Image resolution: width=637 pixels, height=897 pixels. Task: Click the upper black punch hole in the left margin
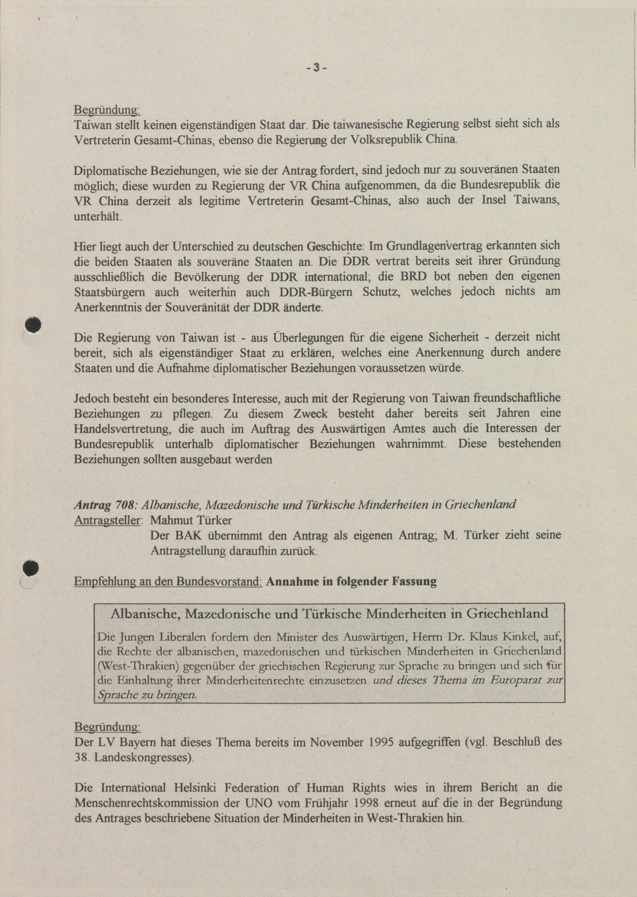33,325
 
